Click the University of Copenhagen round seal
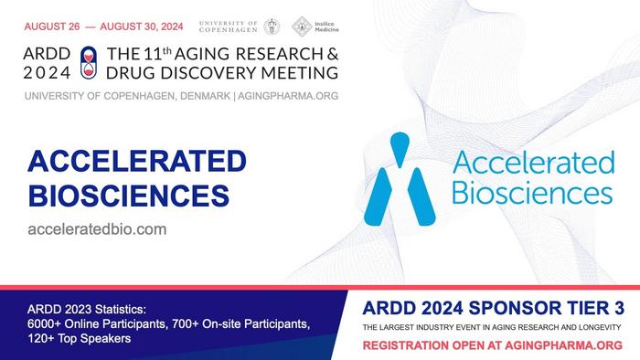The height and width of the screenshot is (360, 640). click(x=272, y=26)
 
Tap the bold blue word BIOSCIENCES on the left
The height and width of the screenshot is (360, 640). click(x=128, y=195)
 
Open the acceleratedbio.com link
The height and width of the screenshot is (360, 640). click(x=97, y=229)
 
